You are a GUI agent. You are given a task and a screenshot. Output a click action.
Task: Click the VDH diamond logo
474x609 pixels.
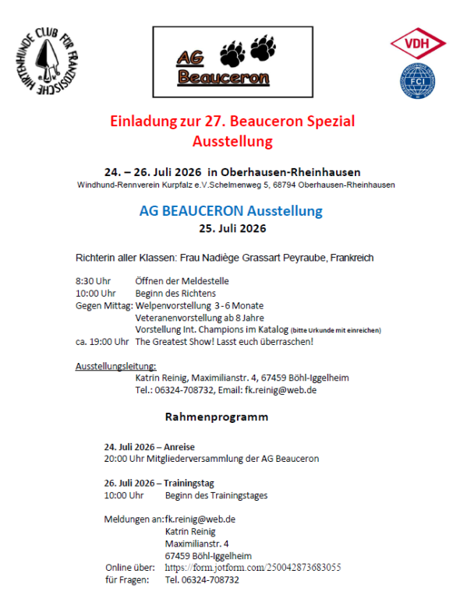tap(418, 45)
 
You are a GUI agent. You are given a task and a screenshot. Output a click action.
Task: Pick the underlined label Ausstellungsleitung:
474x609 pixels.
tap(116, 365)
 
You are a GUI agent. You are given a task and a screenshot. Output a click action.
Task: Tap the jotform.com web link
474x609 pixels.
tap(253, 567)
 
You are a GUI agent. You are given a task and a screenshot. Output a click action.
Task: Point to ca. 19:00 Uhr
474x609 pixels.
tap(102, 341)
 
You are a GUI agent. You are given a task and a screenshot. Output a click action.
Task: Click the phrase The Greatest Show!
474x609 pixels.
tap(181, 341)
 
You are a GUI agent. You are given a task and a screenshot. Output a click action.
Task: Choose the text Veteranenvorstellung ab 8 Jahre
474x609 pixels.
tap(200, 318)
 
